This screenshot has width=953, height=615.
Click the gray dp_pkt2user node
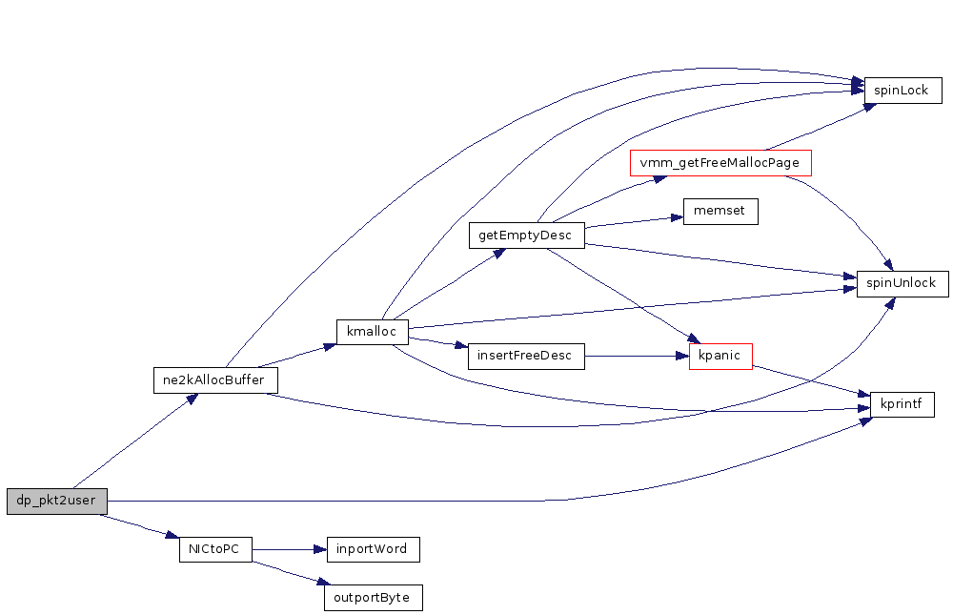(57, 501)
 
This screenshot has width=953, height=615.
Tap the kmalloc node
(372, 331)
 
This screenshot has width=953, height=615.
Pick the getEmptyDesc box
(526, 236)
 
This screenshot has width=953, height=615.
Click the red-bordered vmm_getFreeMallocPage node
(720, 163)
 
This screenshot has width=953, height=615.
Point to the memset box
(720, 212)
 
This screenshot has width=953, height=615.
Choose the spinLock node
(902, 91)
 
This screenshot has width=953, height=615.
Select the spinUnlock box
(902, 283)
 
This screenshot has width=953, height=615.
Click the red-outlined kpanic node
(720, 356)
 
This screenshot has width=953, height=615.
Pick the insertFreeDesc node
(526, 356)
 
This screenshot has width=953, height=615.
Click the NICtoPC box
(215, 549)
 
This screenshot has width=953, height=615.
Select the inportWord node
(374, 549)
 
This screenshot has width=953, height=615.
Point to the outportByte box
(374, 598)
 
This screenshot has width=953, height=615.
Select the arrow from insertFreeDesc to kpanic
(637, 356)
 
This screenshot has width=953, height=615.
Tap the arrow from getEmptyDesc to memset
(634, 222)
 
